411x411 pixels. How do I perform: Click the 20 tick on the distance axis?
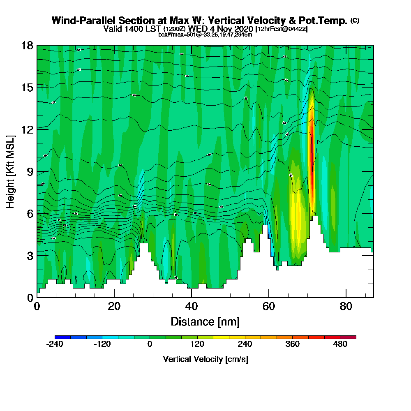(x=114, y=306)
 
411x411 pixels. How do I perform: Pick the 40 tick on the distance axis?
(x=192, y=306)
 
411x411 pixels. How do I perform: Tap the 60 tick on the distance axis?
(x=269, y=306)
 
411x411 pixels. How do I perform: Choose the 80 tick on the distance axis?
(x=346, y=306)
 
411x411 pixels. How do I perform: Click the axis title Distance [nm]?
(x=205, y=321)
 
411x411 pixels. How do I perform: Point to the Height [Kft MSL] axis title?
(x=11, y=171)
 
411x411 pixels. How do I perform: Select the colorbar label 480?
(x=340, y=344)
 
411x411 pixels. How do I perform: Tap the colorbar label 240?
(x=245, y=344)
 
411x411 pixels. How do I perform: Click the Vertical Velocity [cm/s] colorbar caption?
(x=205, y=359)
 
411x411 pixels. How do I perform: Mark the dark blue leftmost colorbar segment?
(x=62, y=337)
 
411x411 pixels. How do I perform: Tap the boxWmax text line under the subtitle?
(x=205, y=35)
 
